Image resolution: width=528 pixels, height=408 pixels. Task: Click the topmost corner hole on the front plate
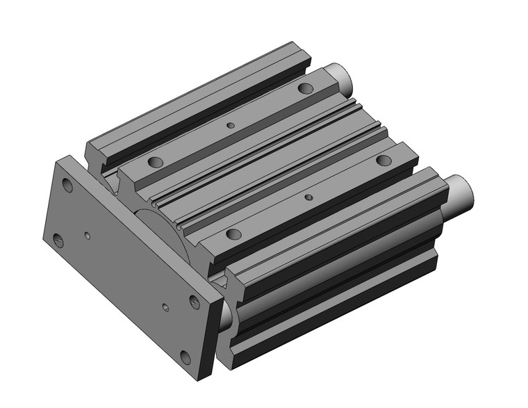click(67, 186)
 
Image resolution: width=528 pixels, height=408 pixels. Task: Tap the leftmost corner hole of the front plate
click(59, 241)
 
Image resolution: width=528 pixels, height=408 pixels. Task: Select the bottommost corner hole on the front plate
click(185, 357)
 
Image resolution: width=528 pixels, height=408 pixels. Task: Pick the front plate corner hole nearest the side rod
click(195, 302)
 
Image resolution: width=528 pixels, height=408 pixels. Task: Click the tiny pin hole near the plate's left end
click(87, 235)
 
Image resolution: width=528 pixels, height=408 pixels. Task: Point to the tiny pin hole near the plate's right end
click(165, 307)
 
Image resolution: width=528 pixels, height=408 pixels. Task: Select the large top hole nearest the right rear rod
click(383, 161)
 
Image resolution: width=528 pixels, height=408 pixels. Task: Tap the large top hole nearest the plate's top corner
click(155, 162)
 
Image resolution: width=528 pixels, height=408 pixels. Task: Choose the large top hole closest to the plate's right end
click(233, 234)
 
